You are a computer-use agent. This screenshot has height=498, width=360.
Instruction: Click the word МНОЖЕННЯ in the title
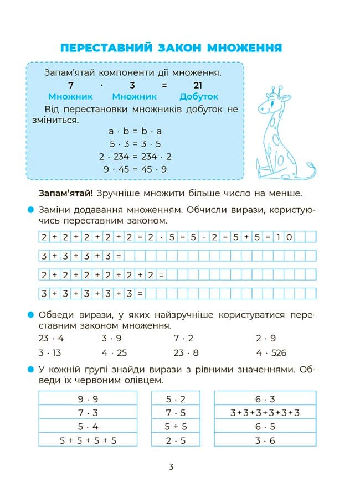(x=244, y=48)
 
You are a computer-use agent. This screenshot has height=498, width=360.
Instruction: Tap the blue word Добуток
(x=199, y=96)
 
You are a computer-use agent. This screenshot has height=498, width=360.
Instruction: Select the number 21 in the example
(x=198, y=85)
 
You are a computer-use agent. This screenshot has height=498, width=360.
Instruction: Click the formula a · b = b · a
(x=135, y=132)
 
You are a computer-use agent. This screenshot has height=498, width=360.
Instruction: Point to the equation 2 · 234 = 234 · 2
(x=135, y=157)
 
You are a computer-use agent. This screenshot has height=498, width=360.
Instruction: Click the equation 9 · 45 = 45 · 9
(x=135, y=169)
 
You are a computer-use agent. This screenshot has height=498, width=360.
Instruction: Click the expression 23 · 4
(x=51, y=338)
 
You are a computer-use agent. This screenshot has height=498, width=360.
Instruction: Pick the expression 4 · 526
(x=271, y=352)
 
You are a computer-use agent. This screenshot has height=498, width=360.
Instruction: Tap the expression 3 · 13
(x=50, y=352)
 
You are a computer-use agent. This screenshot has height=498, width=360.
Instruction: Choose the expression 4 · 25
(x=114, y=352)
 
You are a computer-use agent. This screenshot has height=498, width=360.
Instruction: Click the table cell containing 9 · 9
(x=88, y=398)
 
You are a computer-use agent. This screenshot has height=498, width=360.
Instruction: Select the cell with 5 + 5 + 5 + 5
(x=88, y=440)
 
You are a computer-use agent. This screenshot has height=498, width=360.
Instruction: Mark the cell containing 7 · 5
(x=176, y=412)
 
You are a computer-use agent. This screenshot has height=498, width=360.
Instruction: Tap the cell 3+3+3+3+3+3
(x=265, y=412)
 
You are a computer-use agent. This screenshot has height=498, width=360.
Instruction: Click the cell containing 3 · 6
(x=265, y=440)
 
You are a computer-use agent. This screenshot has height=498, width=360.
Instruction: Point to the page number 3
(x=171, y=467)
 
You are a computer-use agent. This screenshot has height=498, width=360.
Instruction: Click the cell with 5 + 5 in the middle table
(x=176, y=427)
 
